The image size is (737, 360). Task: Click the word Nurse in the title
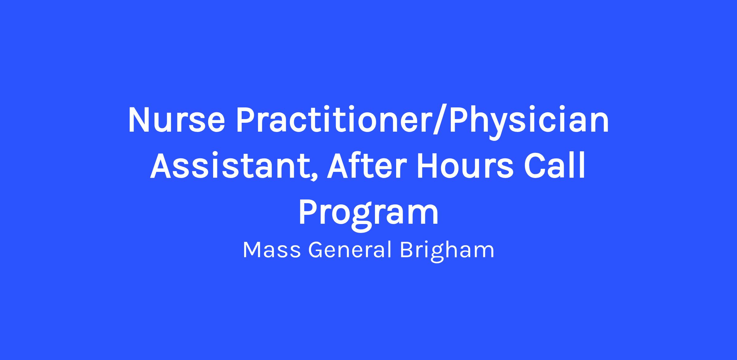click(x=177, y=120)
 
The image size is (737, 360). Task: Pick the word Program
click(x=368, y=215)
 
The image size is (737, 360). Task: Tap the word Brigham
click(x=447, y=251)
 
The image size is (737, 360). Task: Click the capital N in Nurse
click(x=140, y=120)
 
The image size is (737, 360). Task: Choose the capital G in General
click(x=315, y=250)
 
